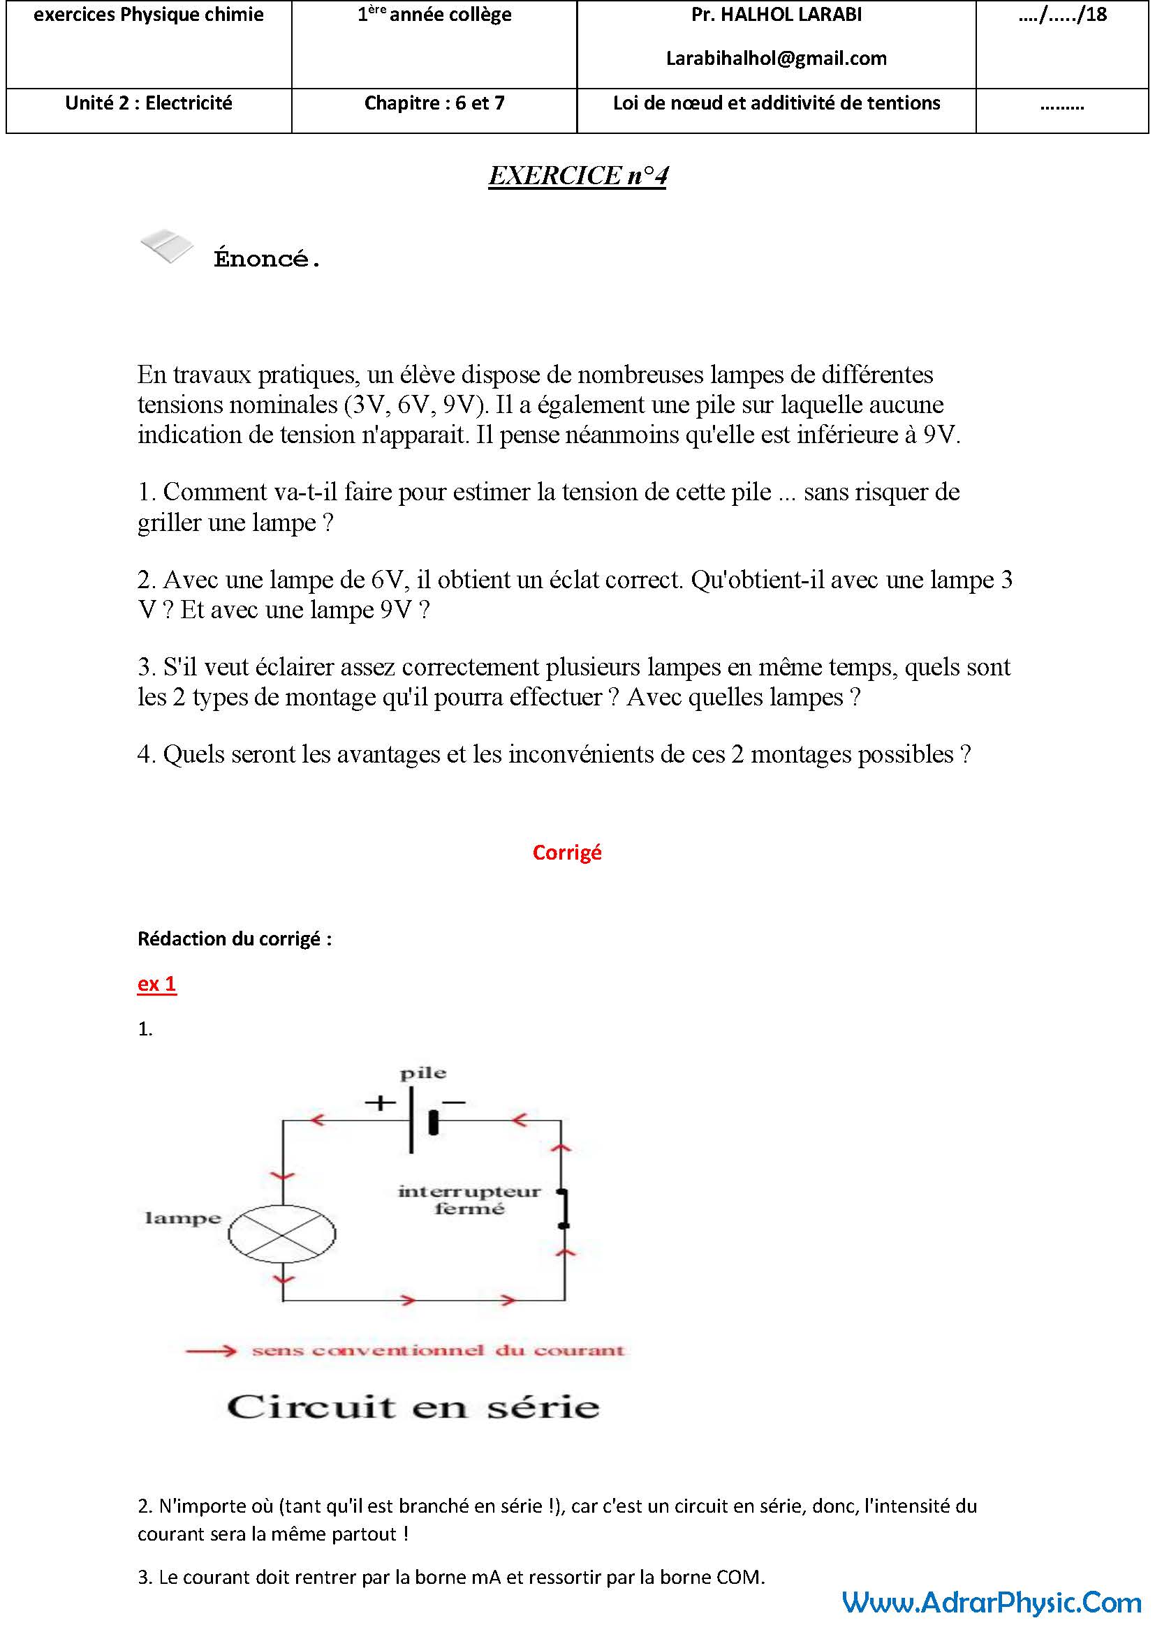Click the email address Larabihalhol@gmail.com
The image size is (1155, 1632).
point(776,59)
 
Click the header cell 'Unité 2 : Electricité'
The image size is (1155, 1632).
point(149,103)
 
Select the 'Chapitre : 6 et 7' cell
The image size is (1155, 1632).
point(434,103)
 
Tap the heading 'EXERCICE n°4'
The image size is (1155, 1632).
point(577,176)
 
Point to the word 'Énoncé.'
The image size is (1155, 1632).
point(267,259)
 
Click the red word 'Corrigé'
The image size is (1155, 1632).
point(567,852)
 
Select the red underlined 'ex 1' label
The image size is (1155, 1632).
point(156,983)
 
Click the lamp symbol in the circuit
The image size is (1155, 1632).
point(281,1233)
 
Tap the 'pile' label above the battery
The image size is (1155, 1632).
point(422,1073)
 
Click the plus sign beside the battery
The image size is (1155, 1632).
point(380,1103)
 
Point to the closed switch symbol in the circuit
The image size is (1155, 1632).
point(564,1208)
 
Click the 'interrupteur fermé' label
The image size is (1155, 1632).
point(469,1200)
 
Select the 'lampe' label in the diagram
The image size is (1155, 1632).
point(183,1218)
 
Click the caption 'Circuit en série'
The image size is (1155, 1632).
point(413,1407)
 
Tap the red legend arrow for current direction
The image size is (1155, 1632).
point(210,1352)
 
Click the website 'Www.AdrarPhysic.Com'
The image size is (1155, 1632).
point(992,1603)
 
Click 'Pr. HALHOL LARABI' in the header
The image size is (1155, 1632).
point(776,15)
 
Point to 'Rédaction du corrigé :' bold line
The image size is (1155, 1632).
point(235,939)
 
